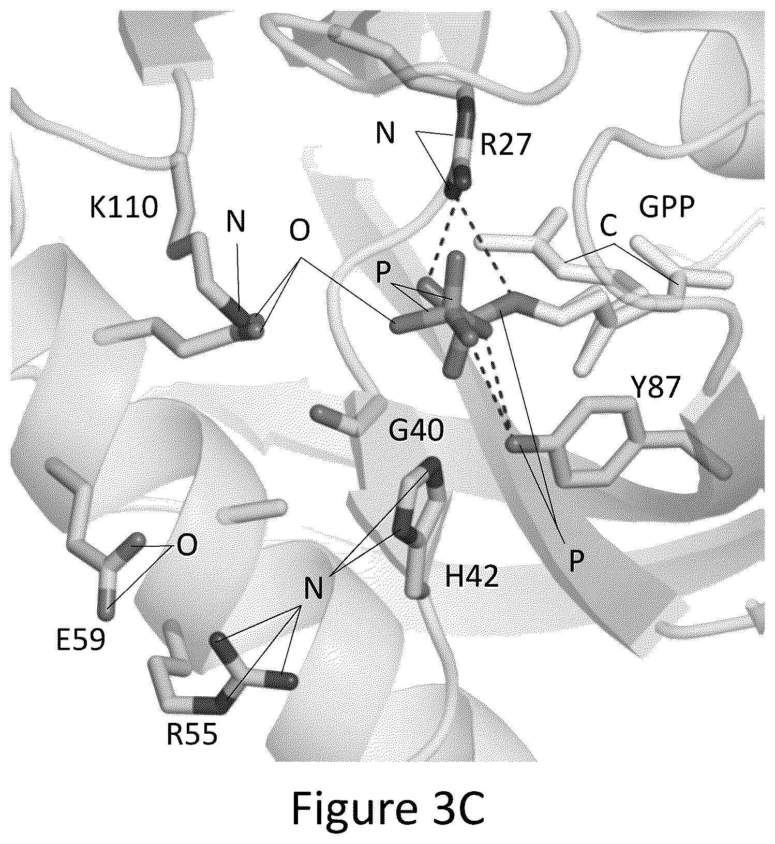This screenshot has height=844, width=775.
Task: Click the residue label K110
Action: click(x=124, y=208)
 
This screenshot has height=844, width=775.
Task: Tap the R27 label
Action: click(x=505, y=145)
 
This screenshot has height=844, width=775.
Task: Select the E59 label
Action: click(x=81, y=640)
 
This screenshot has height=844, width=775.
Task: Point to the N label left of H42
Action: click(x=314, y=588)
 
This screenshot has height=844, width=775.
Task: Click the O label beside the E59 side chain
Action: click(x=187, y=545)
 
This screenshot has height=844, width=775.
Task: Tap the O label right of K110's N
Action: click(x=300, y=230)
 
